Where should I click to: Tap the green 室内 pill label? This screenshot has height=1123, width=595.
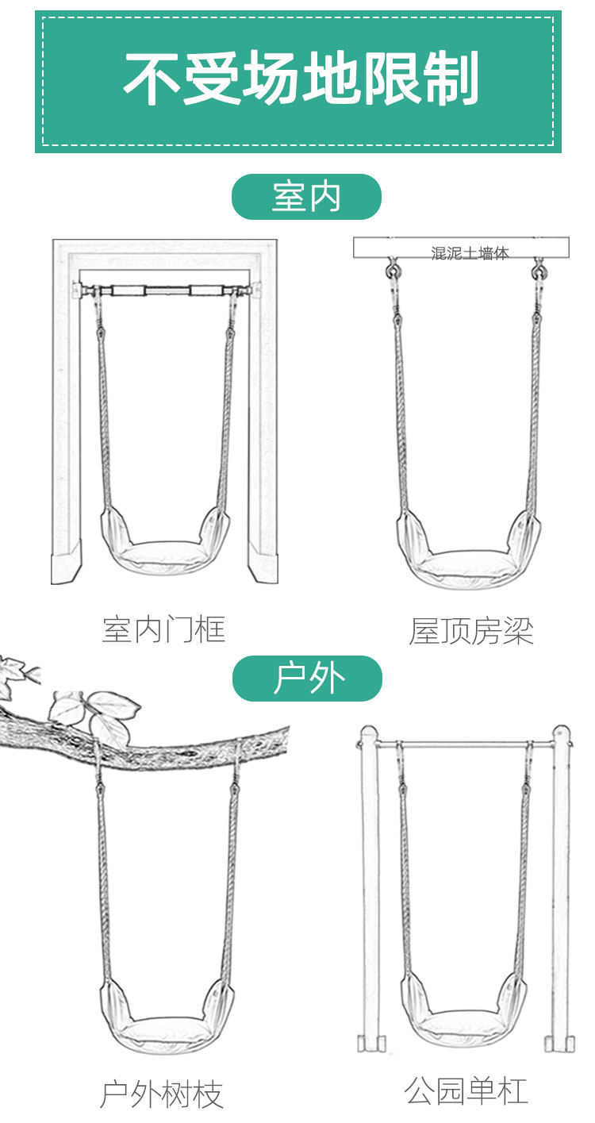pos(306,197)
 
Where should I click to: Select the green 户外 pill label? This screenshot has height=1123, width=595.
pos(307,679)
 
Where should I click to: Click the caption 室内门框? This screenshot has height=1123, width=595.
pos(164,629)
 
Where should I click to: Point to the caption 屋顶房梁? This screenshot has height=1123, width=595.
pos(471,631)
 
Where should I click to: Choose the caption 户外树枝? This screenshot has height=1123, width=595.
pos(162,1094)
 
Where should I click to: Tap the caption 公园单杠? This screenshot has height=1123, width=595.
pos(466,1090)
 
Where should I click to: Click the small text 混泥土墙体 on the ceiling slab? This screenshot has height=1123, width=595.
pos(470,254)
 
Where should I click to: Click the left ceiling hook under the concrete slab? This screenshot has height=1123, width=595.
pos(393,271)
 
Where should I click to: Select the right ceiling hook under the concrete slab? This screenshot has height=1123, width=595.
pos(539,271)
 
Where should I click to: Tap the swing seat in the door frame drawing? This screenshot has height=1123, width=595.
pos(164,548)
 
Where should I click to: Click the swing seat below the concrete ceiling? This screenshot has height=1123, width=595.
pos(468,556)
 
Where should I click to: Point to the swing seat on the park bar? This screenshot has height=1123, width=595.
pos(465,1024)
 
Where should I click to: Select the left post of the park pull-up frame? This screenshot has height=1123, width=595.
pos(369,889)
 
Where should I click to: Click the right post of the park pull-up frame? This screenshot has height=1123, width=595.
pos(561,889)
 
